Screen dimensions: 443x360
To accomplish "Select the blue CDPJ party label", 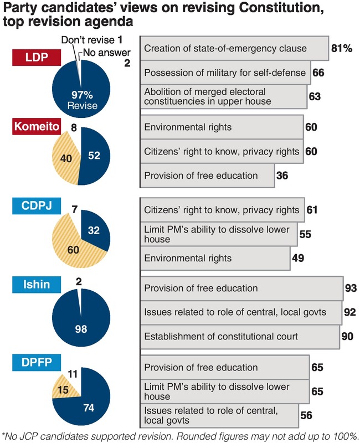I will (x=36, y=207).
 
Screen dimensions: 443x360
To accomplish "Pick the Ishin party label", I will (x=36, y=285).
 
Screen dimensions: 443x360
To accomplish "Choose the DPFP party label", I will (x=36, y=364).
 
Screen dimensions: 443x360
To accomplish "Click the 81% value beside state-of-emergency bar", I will (x=341, y=49).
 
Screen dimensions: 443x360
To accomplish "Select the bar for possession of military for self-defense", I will (x=224, y=73).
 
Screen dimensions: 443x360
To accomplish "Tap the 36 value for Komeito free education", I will (x=283, y=176).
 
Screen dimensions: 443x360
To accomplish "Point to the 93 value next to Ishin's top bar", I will (x=350, y=288).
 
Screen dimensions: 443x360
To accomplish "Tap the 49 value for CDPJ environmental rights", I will (x=299, y=258).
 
